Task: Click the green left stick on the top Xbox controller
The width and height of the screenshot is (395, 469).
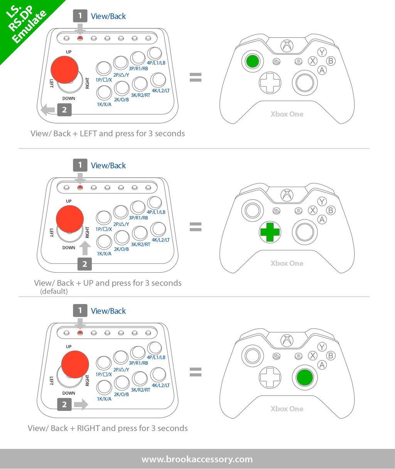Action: click(253, 61)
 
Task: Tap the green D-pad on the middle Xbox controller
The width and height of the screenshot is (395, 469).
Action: click(270, 232)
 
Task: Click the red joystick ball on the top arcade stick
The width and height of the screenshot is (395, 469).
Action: click(64, 70)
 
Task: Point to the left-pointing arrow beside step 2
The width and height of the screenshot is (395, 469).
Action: click(48, 110)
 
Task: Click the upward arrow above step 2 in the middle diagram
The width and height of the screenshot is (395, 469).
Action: click(85, 248)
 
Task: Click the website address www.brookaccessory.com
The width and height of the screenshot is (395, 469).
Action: click(197, 459)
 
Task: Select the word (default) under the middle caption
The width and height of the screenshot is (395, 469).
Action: click(54, 291)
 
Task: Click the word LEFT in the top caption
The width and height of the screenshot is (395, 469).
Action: click(88, 133)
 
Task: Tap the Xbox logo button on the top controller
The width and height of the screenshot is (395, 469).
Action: click(287, 46)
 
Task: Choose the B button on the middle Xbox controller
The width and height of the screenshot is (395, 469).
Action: click(331, 210)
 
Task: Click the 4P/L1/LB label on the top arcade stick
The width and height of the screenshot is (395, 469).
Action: click(156, 63)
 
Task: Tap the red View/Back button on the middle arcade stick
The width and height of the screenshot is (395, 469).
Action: click(80, 187)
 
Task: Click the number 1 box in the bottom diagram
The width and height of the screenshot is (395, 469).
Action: click(80, 311)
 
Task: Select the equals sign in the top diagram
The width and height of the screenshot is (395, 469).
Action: click(196, 77)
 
